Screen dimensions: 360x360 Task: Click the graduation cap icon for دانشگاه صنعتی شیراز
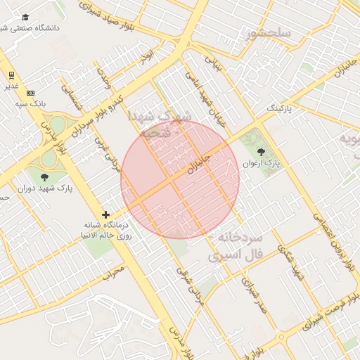(x=25, y=17)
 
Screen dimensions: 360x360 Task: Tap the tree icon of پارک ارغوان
(x=261, y=151)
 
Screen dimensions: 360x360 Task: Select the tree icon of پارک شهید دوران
(x=45, y=177)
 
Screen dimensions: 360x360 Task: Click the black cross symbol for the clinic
(x=105, y=214)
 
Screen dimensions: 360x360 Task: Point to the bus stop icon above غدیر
(x=11, y=75)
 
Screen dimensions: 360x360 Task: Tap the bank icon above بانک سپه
(x=30, y=93)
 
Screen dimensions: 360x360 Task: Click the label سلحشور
(x=269, y=33)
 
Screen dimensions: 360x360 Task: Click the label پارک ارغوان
(x=262, y=163)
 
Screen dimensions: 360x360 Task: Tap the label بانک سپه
(x=31, y=104)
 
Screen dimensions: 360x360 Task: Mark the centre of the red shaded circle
(x=180, y=179)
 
